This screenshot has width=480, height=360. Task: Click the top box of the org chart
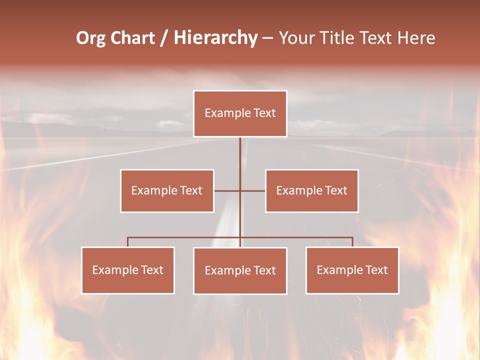tap(240, 113)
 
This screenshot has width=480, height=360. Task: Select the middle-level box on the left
tap(167, 190)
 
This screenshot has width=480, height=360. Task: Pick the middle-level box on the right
tap(312, 190)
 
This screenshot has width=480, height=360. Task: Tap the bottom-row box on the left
tap(128, 270)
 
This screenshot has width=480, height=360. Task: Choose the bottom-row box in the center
tap(240, 270)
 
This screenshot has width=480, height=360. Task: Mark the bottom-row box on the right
tap(352, 270)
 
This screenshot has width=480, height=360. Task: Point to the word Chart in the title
tap(132, 38)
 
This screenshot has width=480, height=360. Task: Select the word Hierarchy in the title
tap(215, 38)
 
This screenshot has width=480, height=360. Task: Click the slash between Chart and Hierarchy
tap(164, 38)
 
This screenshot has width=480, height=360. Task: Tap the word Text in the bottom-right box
tap(376, 270)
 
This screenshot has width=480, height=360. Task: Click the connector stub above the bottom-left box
tap(128, 242)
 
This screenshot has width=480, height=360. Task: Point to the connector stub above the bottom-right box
tap(352, 242)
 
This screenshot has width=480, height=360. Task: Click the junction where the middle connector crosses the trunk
tap(240, 190)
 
